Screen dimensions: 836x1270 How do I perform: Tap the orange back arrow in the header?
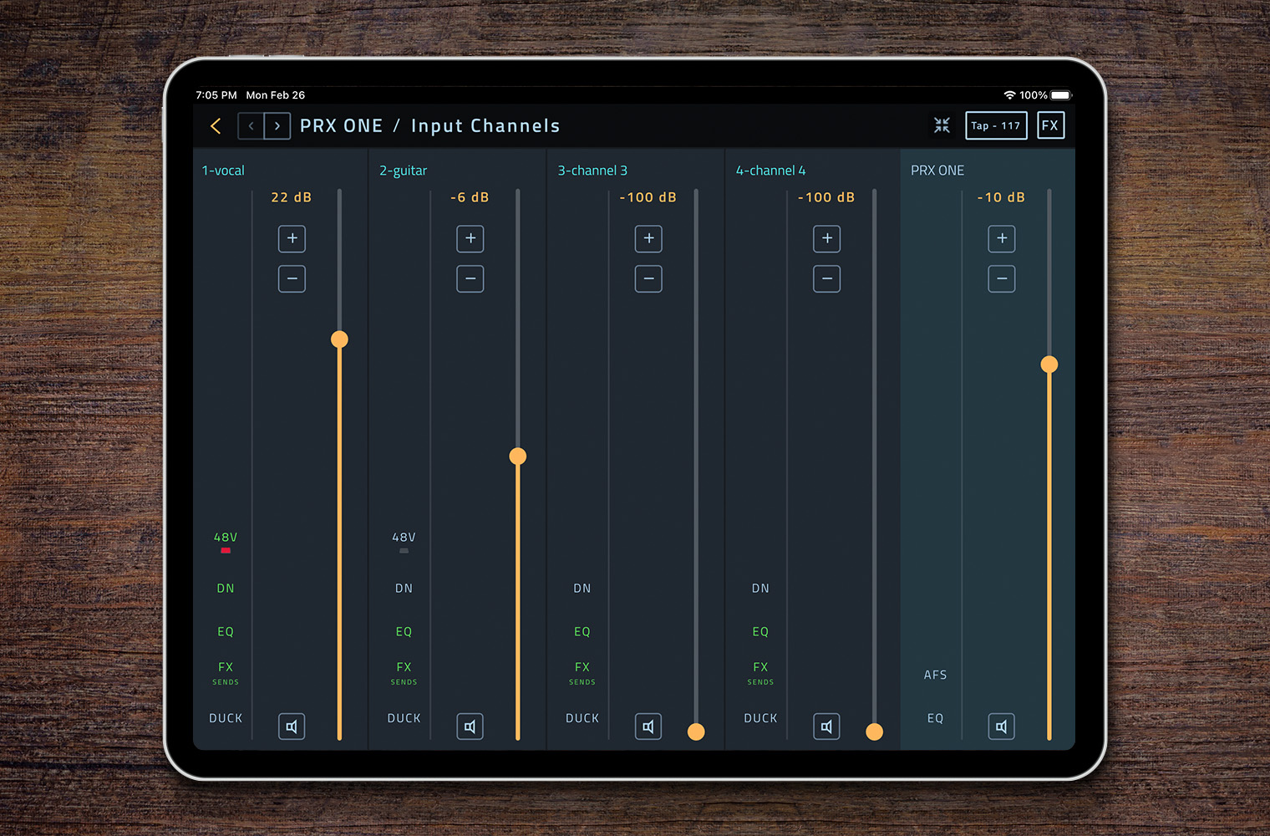tap(216, 126)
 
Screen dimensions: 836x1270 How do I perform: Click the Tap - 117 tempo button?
tap(996, 125)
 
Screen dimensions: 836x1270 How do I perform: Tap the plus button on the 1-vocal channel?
tap(292, 239)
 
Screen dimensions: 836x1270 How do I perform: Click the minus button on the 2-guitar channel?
tap(470, 279)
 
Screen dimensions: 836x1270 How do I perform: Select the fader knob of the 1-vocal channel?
tap(339, 339)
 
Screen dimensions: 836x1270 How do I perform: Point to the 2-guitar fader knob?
tap(518, 456)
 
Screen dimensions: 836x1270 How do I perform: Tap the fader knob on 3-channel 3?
tap(696, 732)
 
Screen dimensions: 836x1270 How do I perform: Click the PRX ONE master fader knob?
tap(1049, 364)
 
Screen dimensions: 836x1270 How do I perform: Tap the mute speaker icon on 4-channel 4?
tap(826, 726)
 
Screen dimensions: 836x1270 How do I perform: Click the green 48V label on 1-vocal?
tap(226, 538)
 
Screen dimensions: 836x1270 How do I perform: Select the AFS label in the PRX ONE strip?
tap(935, 675)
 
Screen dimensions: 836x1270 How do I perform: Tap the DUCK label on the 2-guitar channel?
tap(404, 718)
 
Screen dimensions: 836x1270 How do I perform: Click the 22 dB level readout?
tap(291, 197)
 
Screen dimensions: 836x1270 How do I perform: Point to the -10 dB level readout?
tap(1001, 197)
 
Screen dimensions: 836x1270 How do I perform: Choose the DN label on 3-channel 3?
tap(582, 589)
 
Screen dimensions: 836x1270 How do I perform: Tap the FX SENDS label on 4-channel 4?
tap(760, 671)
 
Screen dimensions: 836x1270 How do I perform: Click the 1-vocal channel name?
tap(223, 171)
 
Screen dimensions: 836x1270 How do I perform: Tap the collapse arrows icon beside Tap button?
tap(942, 125)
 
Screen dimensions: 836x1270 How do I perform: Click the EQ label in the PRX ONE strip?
tap(935, 718)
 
